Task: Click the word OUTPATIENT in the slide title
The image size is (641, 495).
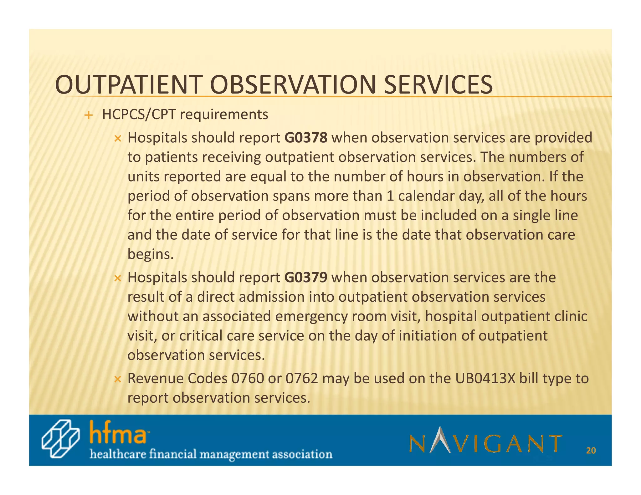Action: tap(127, 85)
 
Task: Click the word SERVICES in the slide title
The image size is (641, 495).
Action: tap(438, 85)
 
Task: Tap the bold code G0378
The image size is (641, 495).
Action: tap(306, 138)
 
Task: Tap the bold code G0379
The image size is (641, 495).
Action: tap(306, 278)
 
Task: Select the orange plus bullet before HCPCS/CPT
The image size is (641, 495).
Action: tap(89, 115)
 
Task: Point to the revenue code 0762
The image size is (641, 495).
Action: tap(302, 379)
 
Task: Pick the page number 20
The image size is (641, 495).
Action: tap(591, 451)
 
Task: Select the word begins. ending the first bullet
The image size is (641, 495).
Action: tap(150, 254)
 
